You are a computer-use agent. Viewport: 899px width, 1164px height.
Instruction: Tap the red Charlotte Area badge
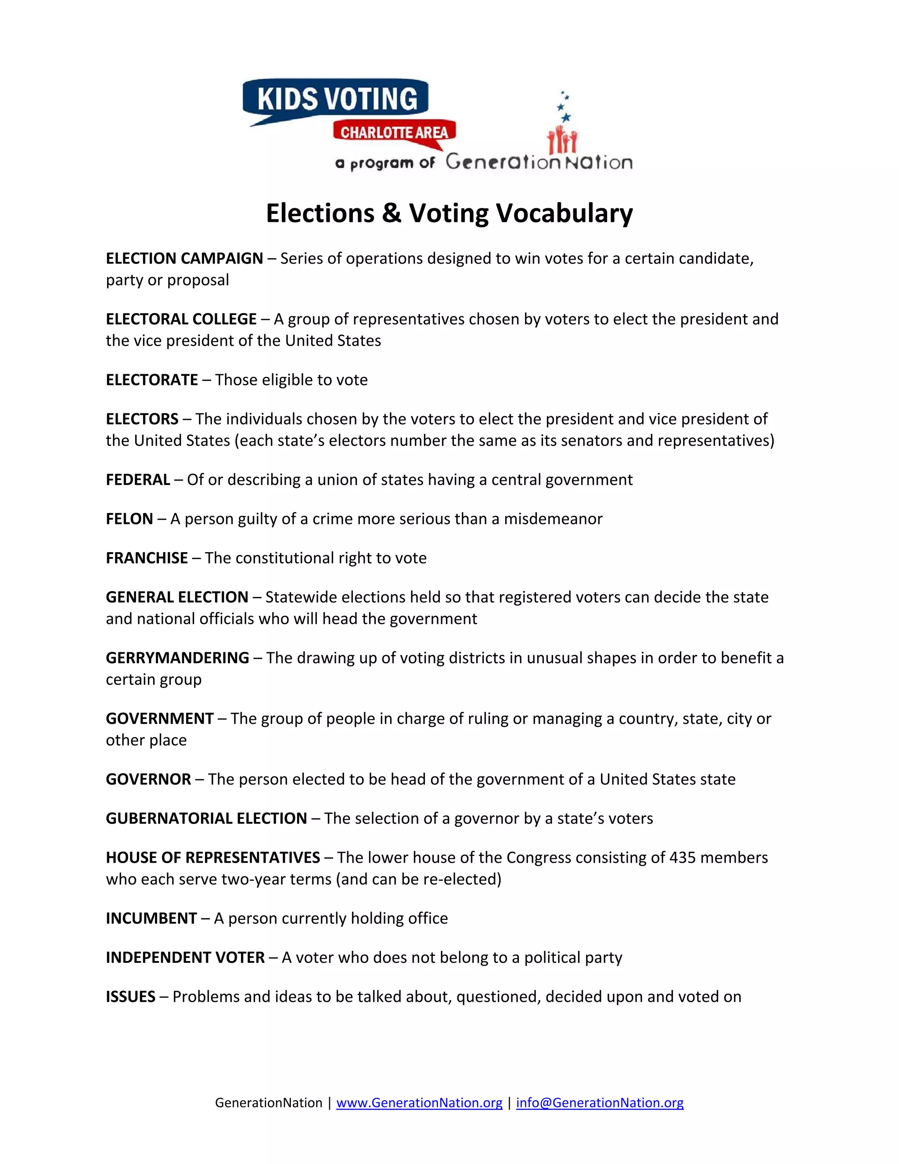pyautogui.click(x=394, y=132)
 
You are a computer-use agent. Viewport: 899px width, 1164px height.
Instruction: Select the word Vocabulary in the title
pyautogui.click(x=565, y=213)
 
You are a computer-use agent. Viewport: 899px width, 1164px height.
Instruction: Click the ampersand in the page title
pyautogui.click(x=392, y=213)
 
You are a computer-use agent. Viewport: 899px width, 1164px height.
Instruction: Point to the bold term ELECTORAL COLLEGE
pyautogui.click(x=181, y=319)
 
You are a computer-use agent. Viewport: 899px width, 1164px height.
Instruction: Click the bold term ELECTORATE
pyautogui.click(x=152, y=380)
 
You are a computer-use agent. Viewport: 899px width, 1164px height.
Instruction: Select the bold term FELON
pyautogui.click(x=129, y=519)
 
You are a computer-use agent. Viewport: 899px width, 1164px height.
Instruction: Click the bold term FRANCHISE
pyautogui.click(x=147, y=558)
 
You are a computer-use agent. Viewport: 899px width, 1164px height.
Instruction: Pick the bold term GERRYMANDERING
pyautogui.click(x=177, y=658)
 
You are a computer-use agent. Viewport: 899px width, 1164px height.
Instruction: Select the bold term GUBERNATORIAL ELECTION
pyautogui.click(x=206, y=818)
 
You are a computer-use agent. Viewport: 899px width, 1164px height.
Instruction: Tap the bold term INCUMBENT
pyautogui.click(x=151, y=918)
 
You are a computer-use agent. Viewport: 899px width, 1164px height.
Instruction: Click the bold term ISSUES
pyautogui.click(x=130, y=997)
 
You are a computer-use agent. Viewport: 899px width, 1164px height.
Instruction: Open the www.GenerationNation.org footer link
pyautogui.click(x=419, y=1103)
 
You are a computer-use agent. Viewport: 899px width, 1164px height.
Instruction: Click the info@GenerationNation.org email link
pyautogui.click(x=600, y=1103)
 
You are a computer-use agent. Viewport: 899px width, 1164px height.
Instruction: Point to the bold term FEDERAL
pyautogui.click(x=138, y=480)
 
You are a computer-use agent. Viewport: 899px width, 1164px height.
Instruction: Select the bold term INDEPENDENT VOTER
pyautogui.click(x=185, y=957)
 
